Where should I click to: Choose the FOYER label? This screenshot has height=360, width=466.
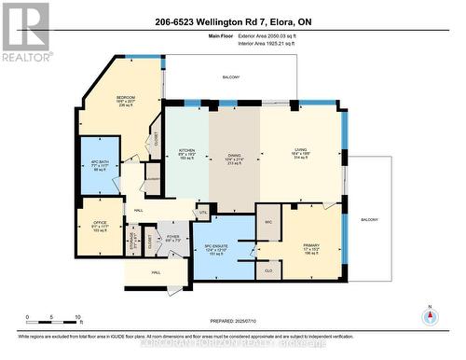(x=171, y=237)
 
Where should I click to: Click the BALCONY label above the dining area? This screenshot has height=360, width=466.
(x=230, y=77)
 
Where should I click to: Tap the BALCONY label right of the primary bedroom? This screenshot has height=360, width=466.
(x=370, y=219)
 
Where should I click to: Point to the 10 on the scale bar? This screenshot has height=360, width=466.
(x=78, y=317)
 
